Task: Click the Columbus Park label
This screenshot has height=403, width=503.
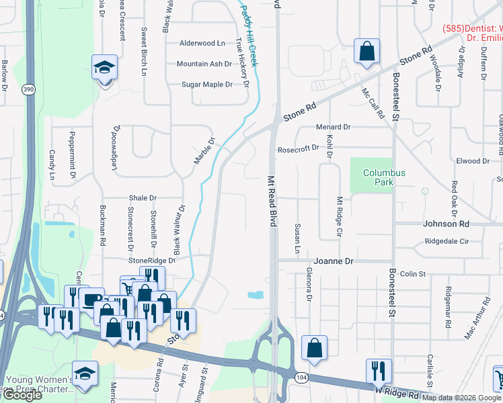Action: point(384,177)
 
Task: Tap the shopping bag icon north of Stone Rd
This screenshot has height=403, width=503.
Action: point(366,51)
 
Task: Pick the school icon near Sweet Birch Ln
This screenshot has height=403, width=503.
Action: point(104,68)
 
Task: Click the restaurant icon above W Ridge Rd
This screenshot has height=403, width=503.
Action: point(379,371)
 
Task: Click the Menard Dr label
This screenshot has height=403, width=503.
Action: point(334,126)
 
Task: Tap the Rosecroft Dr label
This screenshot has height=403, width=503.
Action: point(298,148)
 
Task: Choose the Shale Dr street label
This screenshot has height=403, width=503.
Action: point(143,198)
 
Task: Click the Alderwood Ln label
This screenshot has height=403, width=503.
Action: point(202,43)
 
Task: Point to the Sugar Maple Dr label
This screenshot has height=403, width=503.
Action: point(207,85)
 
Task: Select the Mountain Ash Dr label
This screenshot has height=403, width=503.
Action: point(204,64)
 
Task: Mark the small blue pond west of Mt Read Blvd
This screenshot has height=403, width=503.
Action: point(255,295)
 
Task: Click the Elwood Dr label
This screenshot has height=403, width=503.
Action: point(473,161)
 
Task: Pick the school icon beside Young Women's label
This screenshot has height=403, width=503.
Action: point(85,373)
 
